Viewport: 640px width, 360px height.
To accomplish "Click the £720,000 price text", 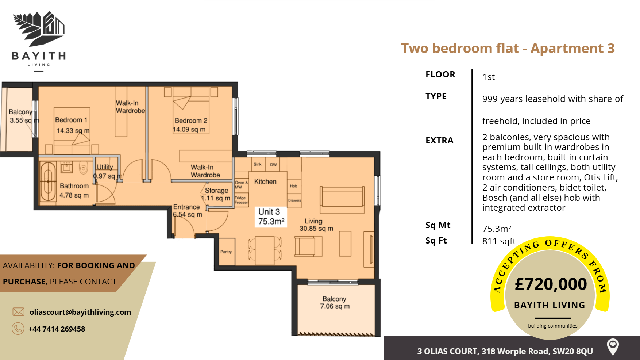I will (551, 284).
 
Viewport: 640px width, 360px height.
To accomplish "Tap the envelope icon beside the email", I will (18, 312).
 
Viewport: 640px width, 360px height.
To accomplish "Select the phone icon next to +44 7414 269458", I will (18, 329).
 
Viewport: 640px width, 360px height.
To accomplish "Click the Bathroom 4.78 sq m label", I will (74, 191).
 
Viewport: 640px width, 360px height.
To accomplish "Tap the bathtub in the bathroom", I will (48, 181).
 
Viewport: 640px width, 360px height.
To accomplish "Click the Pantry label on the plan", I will (226, 252).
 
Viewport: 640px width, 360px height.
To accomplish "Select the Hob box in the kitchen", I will (294, 186).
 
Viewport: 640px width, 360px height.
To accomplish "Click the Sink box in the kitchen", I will (258, 164).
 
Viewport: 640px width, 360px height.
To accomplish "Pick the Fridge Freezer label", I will (241, 200).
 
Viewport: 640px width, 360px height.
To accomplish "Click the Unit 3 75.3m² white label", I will (270, 217).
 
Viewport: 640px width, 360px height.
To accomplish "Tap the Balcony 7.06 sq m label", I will (335, 303).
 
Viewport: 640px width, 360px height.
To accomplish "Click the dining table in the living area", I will (265, 250).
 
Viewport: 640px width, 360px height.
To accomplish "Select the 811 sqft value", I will (499, 241).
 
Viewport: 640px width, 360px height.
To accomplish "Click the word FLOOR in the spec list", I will (440, 74).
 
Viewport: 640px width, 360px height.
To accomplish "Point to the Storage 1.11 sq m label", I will (216, 194).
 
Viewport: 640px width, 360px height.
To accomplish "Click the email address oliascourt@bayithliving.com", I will (80, 312).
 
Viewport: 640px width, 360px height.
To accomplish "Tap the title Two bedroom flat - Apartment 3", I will (508, 48).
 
